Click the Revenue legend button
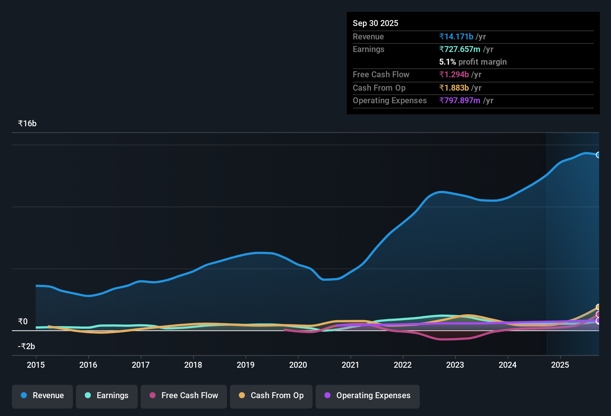pyautogui.click(x=42, y=396)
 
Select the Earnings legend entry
pyautogui.click(x=107, y=396)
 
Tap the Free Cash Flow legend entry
pyautogui.click(x=184, y=396)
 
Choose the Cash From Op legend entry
pyautogui.click(x=271, y=396)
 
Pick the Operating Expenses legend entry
pyautogui.click(x=368, y=396)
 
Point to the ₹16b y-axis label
pyautogui.click(x=27, y=124)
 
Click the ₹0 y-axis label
pyautogui.click(x=23, y=322)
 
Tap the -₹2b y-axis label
pyautogui.click(x=26, y=347)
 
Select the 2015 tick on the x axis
pyautogui.click(x=36, y=365)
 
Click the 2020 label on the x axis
pyautogui.click(x=298, y=365)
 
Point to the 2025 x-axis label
pyautogui.click(x=560, y=365)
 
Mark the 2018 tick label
pyautogui.click(x=193, y=365)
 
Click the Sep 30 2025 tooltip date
pyautogui.click(x=375, y=23)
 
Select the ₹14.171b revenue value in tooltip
pyautogui.click(x=456, y=37)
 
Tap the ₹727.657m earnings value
pyautogui.click(x=460, y=49)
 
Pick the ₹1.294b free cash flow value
pyautogui.click(x=454, y=75)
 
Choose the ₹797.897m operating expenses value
pyautogui.click(x=460, y=101)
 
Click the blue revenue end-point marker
pyautogui.click(x=598, y=155)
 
